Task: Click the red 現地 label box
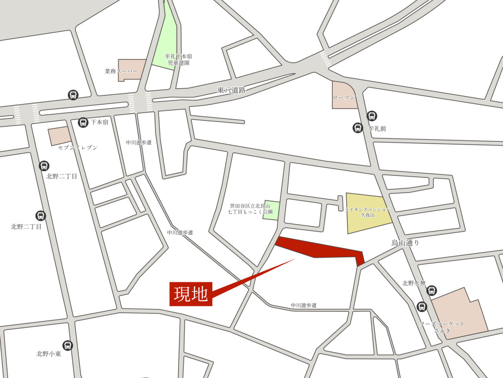[190, 294]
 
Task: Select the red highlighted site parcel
[320, 249]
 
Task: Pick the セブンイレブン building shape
[59, 136]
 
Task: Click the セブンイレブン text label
[78, 148]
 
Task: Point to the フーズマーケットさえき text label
[442, 327]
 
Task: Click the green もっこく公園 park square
[271, 209]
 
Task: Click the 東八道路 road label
[231, 90]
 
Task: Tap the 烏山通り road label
[405, 243]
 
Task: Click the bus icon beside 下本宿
[83, 123]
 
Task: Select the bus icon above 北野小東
[68, 345]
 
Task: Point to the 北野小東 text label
[48, 354]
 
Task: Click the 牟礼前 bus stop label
[377, 128]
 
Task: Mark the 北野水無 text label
[414, 283]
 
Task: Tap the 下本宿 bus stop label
[100, 123]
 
